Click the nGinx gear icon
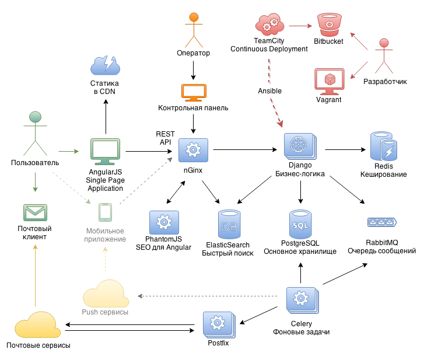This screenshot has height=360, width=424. pyautogui.click(x=192, y=151)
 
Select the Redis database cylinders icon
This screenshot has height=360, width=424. pyautogui.click(x=384, y=146)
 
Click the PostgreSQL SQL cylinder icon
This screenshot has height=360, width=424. pyautogui.click(x=300, y=223)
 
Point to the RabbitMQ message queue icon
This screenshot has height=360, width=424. pyautogui.click(x=382, y=222)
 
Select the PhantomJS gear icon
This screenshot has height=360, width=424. pyautogui.click(x=164, y=223)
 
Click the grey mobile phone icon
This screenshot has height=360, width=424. pyautogui.click(x=105, y=212)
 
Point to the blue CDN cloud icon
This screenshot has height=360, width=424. pyautogui.click(x=106, y=65)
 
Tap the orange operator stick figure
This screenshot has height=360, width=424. pyautogui.click(x=193, y=27)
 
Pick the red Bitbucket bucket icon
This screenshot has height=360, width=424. pyautogui.click(x=328, y=25)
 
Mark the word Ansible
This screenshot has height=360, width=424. pyautogui.click(x=269, y=91)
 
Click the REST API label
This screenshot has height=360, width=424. pyautogui.click(x=166, y=138)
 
